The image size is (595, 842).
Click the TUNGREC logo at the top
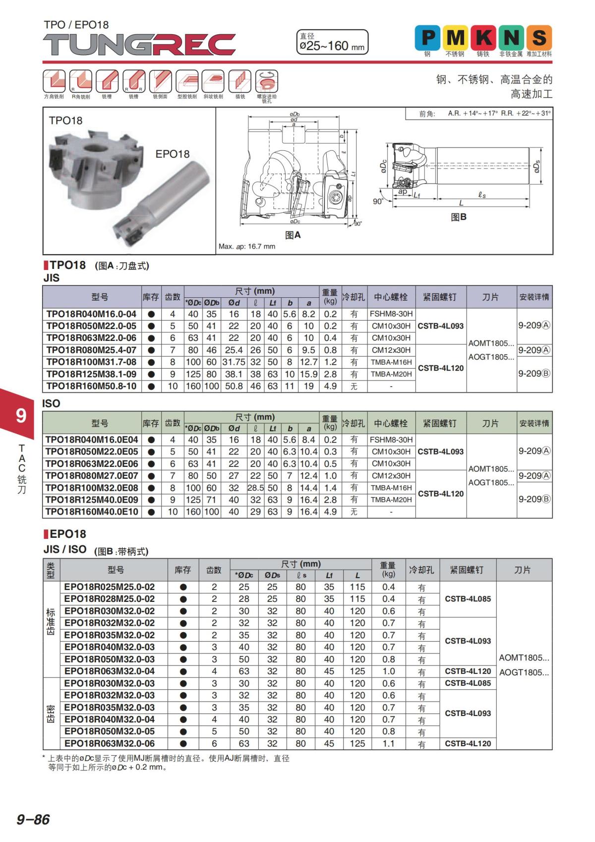(139, 45)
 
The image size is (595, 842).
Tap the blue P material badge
(427, 38)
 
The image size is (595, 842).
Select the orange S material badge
(539, 38)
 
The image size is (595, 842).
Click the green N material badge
(511, 38)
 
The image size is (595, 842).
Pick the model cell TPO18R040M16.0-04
(91, 314)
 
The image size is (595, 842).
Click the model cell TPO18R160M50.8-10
(91, 386)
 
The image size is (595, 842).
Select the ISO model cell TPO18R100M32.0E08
(92, 488)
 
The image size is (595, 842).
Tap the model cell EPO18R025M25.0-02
(110, 587)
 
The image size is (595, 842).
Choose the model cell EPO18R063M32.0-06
(110, 744)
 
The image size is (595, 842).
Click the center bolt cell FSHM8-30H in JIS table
(391, 314)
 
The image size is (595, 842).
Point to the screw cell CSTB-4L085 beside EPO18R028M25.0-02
(468, 599)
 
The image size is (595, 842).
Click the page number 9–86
(33, 819)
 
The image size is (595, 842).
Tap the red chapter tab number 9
(21, 415)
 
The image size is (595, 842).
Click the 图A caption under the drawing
(293, 235)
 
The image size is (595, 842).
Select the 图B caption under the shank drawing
(459, 217)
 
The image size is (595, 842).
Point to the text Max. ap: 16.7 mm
(247, 247)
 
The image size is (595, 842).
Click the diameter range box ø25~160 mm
(332, 42)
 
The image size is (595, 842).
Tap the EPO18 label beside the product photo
(173, 154)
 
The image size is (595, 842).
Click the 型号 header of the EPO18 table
(116, 570)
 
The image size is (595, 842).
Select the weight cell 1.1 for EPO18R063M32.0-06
(388, 744)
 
